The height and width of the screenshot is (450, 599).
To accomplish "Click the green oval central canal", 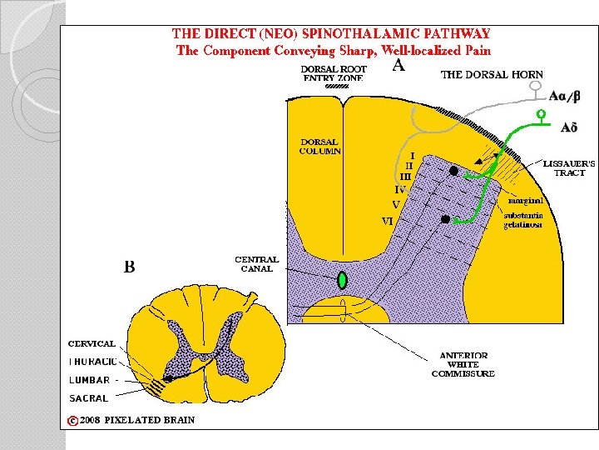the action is (341, 280).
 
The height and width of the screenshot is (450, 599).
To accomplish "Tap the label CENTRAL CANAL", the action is (257, 264).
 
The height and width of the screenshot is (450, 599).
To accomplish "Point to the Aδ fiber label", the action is (569, 127).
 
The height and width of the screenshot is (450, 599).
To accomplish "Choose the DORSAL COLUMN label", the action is (320, 146).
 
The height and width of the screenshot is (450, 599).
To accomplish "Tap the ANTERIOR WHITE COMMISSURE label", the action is (463, 365).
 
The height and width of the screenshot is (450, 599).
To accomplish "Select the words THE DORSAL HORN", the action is (491, 74).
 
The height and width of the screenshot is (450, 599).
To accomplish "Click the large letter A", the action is (399, 66).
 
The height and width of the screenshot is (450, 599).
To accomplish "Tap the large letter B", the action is (130, 267).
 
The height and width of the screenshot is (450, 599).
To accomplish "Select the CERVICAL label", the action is (92, 343).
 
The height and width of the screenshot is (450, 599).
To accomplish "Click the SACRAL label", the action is (88, 398).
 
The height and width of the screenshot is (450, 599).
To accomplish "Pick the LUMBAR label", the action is (89, 380).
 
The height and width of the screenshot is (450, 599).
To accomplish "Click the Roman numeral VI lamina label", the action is (387, 222).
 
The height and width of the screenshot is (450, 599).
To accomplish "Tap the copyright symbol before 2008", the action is (73, 420).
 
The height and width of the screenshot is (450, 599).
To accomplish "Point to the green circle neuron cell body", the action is (540, 113).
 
